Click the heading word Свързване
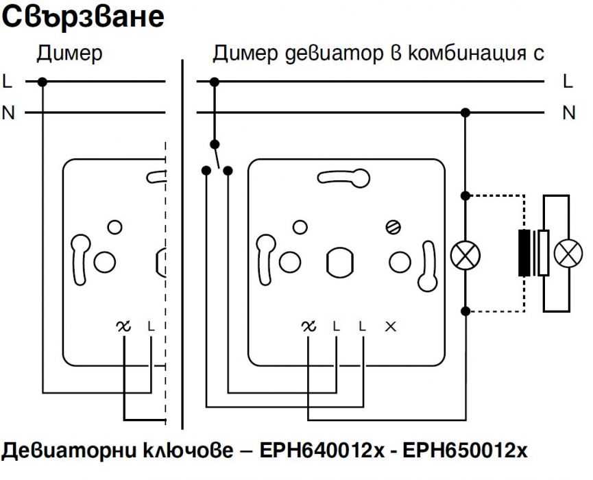83,17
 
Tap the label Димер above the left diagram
70,53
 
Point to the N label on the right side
569,112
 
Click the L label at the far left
7,82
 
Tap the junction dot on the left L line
43,82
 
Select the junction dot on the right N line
465,112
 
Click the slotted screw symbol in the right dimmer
394,228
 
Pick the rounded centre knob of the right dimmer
339,262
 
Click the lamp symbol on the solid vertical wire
465,255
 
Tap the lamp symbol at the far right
568,254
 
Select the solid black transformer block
524,252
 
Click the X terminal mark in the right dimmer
391,326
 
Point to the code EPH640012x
322,451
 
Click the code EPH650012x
465,451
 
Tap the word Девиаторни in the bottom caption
69,451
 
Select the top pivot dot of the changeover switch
215,144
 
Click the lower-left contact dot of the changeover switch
206,171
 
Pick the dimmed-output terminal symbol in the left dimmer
123,326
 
